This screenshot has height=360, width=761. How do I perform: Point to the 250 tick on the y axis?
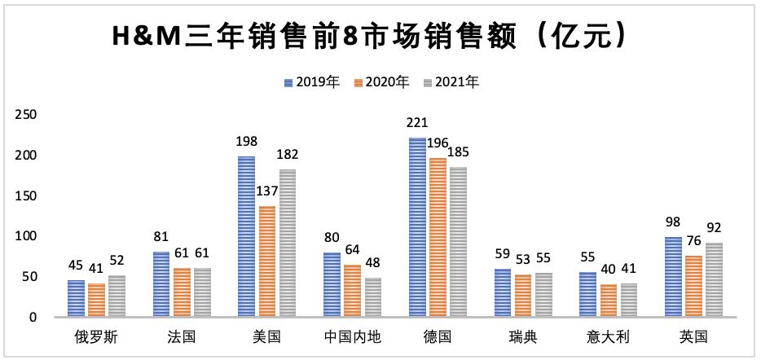coord(27,115)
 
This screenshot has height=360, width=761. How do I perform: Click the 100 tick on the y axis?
coord(27,236)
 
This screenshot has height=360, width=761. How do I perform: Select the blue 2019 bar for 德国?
coord(417,227)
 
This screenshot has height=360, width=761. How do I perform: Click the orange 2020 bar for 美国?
coord(266,261)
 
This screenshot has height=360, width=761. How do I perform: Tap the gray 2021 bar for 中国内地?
coord(373,297)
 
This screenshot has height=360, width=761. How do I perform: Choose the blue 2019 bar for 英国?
coord(674,277)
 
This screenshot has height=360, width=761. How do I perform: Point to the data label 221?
coord(417,124)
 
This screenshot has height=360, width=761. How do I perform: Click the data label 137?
coord(266,192)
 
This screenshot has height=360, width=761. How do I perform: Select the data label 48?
coord(373,264)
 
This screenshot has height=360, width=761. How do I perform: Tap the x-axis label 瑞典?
coord(524,336)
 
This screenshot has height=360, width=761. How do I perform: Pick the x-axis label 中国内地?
coord(353,336)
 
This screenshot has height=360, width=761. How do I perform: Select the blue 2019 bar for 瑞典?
coord(503,293)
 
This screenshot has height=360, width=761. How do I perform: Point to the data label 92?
coord(714,228)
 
